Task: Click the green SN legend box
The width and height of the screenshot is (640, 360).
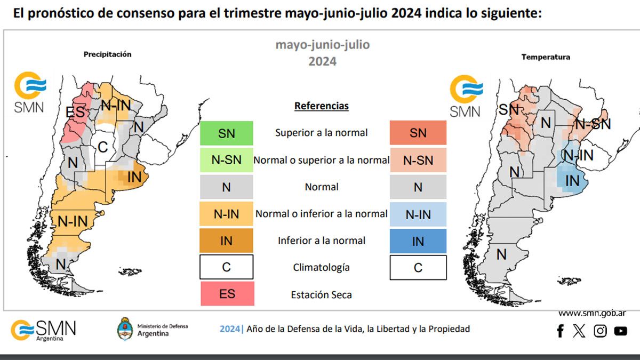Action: tap(226, 133)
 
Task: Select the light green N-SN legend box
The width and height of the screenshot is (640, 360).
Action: tap(226, 159)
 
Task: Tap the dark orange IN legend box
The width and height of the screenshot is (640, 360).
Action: tap(226, 241)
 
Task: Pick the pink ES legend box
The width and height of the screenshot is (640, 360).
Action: tap(227, 293)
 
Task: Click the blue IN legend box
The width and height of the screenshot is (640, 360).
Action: tap(418, 241)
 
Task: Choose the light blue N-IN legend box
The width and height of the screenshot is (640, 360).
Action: tap(418, 214)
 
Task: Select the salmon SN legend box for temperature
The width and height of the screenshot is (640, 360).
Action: tap(418, 133)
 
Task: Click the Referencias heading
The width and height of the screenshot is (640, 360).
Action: tap(321, 106)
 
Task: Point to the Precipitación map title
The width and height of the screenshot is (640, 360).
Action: tap(107, 54)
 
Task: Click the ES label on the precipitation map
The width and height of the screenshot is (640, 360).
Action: tap(75, 112)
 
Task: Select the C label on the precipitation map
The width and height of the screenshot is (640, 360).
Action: tap(103, 147)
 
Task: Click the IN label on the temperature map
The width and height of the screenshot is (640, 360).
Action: tap(572, 181)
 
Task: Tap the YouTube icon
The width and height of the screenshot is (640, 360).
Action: tap(620, 331)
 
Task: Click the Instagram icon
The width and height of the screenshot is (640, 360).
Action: tap(600, 331)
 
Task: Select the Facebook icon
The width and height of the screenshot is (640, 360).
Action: tap(560, 331)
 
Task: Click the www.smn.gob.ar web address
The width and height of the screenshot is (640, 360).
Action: tap(592, 313)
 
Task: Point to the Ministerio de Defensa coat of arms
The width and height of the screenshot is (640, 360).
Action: tap(125, 329)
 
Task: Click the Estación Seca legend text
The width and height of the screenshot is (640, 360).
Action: tap(321, 294)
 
